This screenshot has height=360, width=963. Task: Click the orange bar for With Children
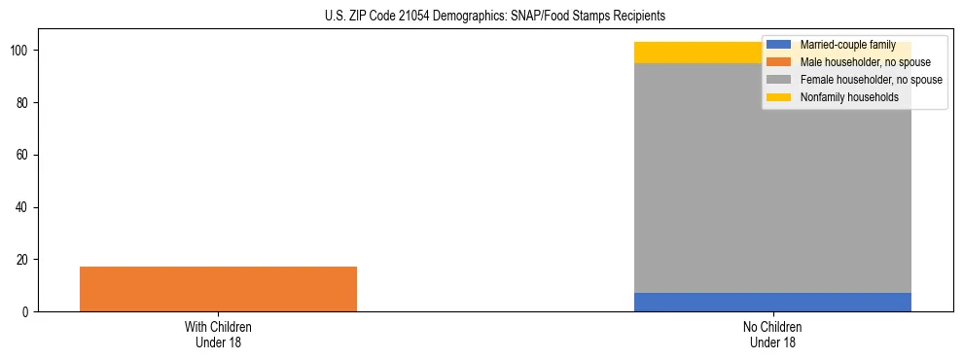[218, 289]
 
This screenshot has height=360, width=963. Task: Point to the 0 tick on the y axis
[25, 312]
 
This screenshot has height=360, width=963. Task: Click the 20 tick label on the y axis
[22, 260]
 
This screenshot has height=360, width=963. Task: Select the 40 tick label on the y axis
[22, 207]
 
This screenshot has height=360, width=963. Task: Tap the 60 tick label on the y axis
[22, 155]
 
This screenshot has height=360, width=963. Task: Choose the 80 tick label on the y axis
[22, 102]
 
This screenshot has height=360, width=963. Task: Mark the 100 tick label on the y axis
[19, 50]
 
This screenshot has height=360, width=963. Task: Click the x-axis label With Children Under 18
[218, 334]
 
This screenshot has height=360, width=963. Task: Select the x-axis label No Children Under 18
[772, 334]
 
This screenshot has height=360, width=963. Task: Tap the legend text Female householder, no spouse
[871, 80]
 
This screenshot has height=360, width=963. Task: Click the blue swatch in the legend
[779, 45]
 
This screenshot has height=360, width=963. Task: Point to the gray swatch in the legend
[779, 80]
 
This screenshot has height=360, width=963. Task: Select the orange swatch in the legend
[779, 62]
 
